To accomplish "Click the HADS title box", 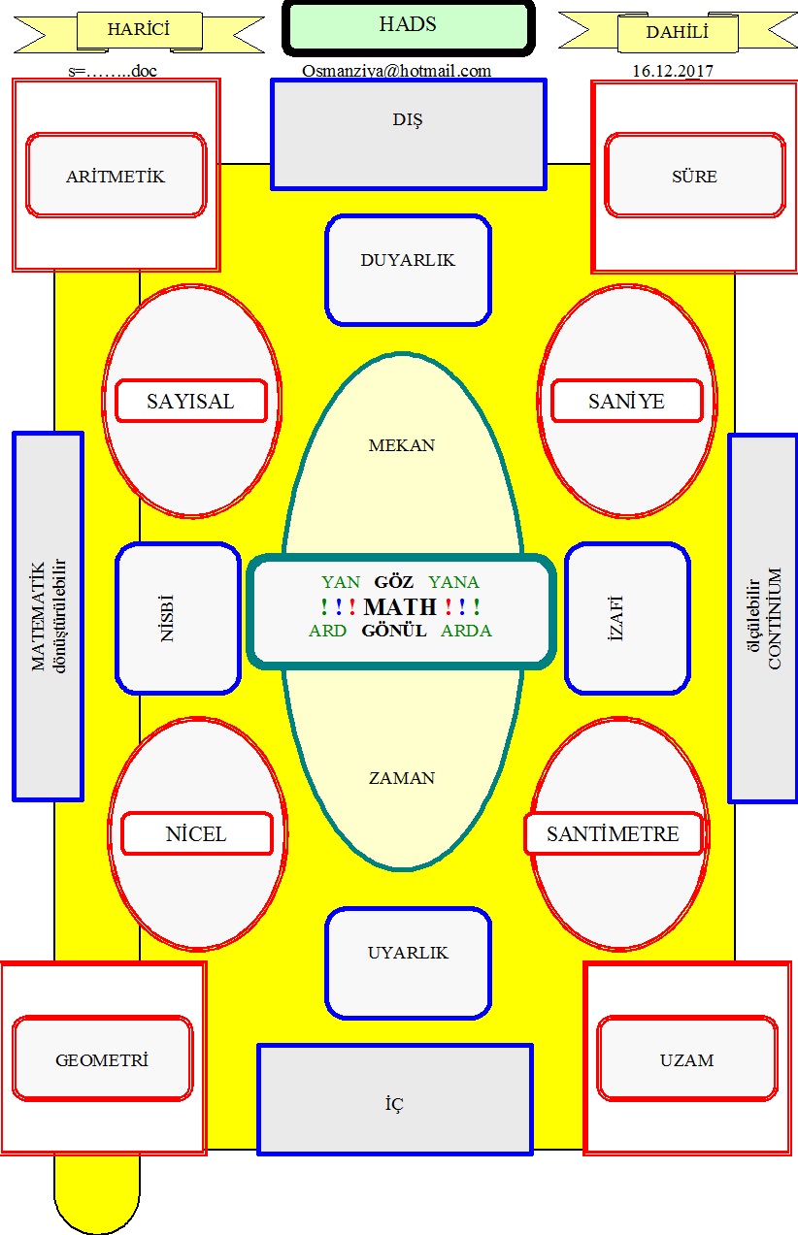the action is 408,27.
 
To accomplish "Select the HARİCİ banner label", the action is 139,30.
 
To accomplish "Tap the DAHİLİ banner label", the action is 678,32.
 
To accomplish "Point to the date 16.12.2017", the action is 672,71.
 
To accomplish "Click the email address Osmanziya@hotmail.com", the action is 396,71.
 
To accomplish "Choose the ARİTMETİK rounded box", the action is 116,176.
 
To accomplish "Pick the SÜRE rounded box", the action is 694,176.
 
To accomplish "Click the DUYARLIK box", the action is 408,270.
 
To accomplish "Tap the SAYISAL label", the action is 191,401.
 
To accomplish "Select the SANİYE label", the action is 627,401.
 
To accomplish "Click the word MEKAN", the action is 401,445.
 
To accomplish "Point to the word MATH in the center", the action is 400,606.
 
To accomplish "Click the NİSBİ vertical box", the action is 178,618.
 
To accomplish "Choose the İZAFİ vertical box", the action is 627,618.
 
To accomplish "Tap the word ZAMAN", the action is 401,778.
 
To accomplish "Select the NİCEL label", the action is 197,833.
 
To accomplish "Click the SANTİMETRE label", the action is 614,833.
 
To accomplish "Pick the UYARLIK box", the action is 408,963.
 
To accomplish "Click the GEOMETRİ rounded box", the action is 103,1059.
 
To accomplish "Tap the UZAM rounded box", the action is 687,1059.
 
